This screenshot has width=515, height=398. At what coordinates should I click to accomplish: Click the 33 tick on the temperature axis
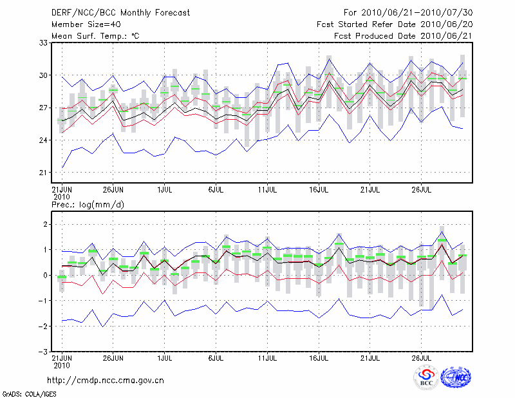coord(44,43)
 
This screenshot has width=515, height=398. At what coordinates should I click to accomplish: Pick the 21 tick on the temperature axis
coord(44,173)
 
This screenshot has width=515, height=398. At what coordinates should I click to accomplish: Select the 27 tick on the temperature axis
coord(44,108)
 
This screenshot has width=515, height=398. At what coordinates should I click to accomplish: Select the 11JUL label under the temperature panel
coord(267,190)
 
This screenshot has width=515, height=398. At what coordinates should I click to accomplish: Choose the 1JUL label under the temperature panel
coord(165,190)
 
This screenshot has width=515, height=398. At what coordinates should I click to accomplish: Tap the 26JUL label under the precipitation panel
coord(421,357)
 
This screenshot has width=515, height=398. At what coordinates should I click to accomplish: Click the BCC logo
coord(426,379)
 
